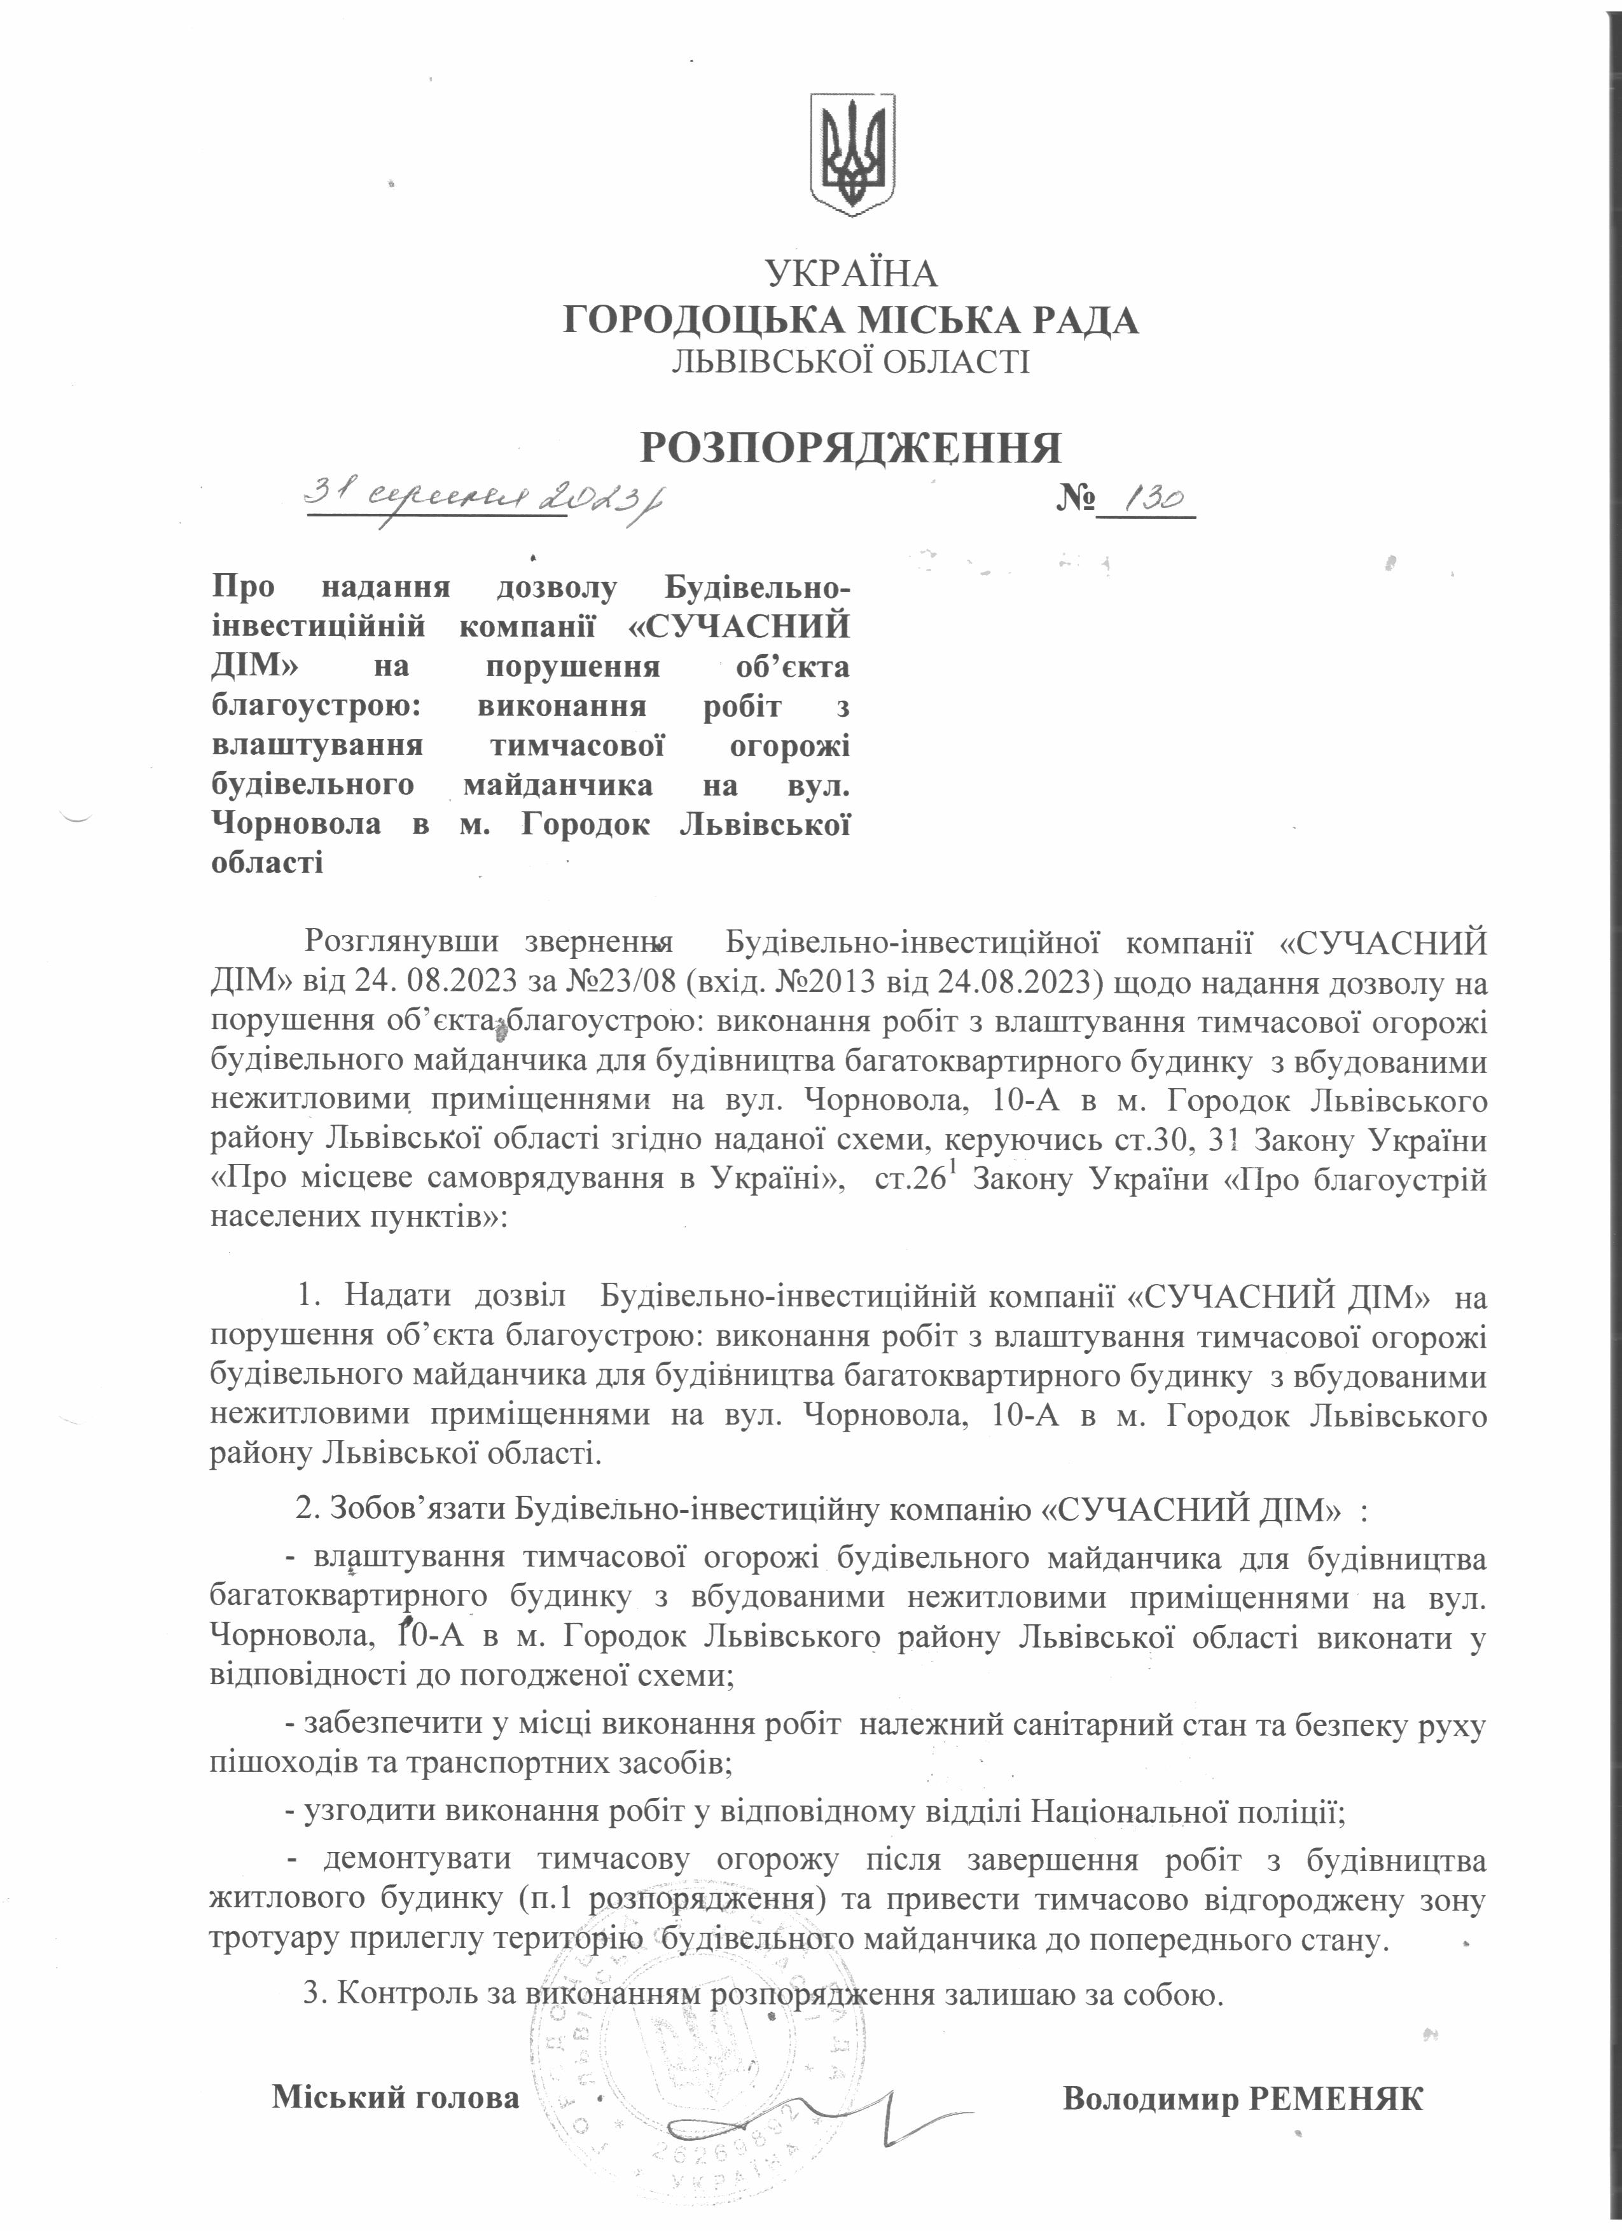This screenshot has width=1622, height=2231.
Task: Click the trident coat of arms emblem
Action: (852, 155)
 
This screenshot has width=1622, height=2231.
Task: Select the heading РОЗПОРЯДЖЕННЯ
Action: (851, 448)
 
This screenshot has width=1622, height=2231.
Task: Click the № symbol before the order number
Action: (1077, 501)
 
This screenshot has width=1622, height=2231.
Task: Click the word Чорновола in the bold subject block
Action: (296, 824)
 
